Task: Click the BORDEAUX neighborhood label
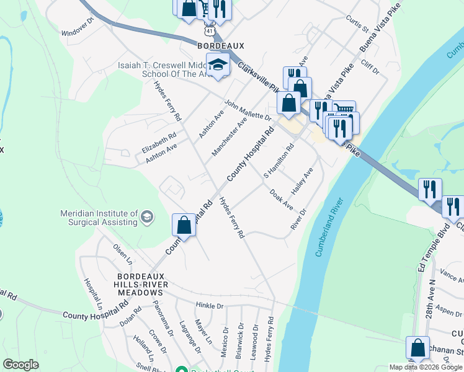[221, 46]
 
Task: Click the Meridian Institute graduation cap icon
[146, 216]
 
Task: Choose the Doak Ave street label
[281, 199]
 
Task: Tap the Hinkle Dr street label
[209, 306]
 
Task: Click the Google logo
[20, 365]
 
